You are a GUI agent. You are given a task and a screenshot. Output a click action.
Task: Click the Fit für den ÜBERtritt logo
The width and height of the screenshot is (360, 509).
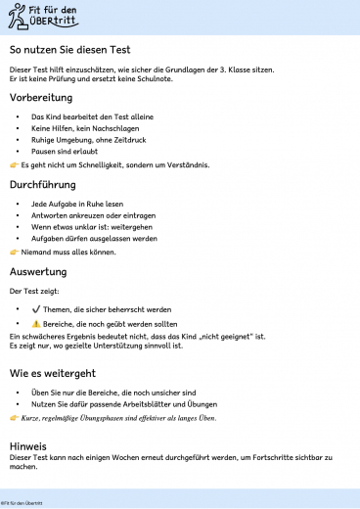click(43, 16)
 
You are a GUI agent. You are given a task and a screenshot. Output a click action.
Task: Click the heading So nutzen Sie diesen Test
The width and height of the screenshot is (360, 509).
click(69, 49)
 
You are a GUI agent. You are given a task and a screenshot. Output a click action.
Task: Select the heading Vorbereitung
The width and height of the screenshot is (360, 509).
click(40, 98)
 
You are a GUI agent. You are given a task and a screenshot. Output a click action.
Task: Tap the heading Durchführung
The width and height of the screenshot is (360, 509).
click(43, 184)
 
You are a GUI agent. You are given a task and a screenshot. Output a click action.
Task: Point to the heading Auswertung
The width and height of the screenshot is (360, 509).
click(38, 271)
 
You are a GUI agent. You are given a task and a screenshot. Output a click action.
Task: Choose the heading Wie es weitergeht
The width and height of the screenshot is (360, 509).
click(52, 373)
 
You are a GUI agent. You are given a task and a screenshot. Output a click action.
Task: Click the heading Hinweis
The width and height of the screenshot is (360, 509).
click(27, 444)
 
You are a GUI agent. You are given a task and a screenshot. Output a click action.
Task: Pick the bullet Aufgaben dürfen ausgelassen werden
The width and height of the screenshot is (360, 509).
click(94, 238)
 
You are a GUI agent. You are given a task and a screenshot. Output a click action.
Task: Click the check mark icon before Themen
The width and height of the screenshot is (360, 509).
click(35, 309)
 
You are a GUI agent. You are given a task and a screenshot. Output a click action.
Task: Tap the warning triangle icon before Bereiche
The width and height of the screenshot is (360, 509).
click(35, 323)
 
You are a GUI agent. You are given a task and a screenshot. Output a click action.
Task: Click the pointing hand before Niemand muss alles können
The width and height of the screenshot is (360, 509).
click(14, 252)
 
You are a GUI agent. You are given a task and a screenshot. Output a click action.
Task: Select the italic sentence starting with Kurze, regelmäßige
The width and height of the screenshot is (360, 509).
click(118, 417)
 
